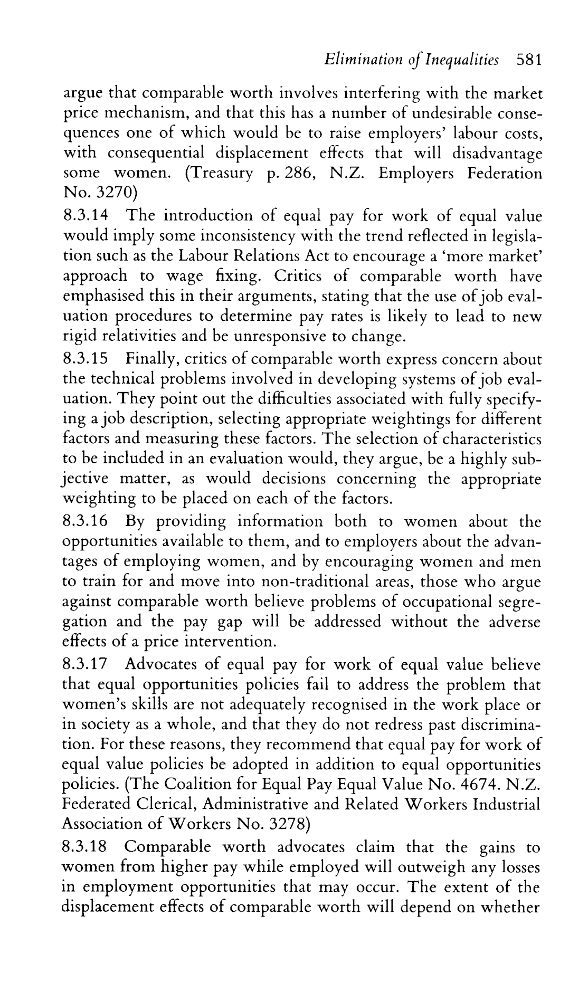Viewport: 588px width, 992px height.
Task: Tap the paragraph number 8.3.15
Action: click(85, 359)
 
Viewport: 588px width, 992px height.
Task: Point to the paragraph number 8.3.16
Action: click(85, 522)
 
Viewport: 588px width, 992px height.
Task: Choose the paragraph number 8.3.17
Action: click(85, 664)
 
